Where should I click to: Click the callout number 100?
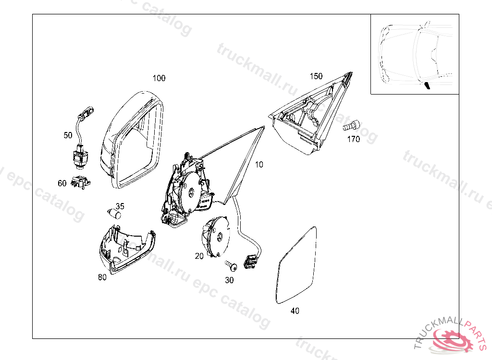(159, 78)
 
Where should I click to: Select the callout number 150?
(316, 76)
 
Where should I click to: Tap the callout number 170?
(354, 140)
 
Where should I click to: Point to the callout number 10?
(259, 165)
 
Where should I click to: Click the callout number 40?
(295, 311)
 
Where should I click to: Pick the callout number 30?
(229, 280)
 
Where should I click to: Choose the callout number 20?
(199, 256)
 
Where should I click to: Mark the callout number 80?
(102, 277)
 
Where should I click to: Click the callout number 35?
(120, 206)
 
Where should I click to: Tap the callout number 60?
(62, 183)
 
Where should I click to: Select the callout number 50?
(68, 135)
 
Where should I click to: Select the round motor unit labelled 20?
(217, 237)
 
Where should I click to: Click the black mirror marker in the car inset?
(427, 86)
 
